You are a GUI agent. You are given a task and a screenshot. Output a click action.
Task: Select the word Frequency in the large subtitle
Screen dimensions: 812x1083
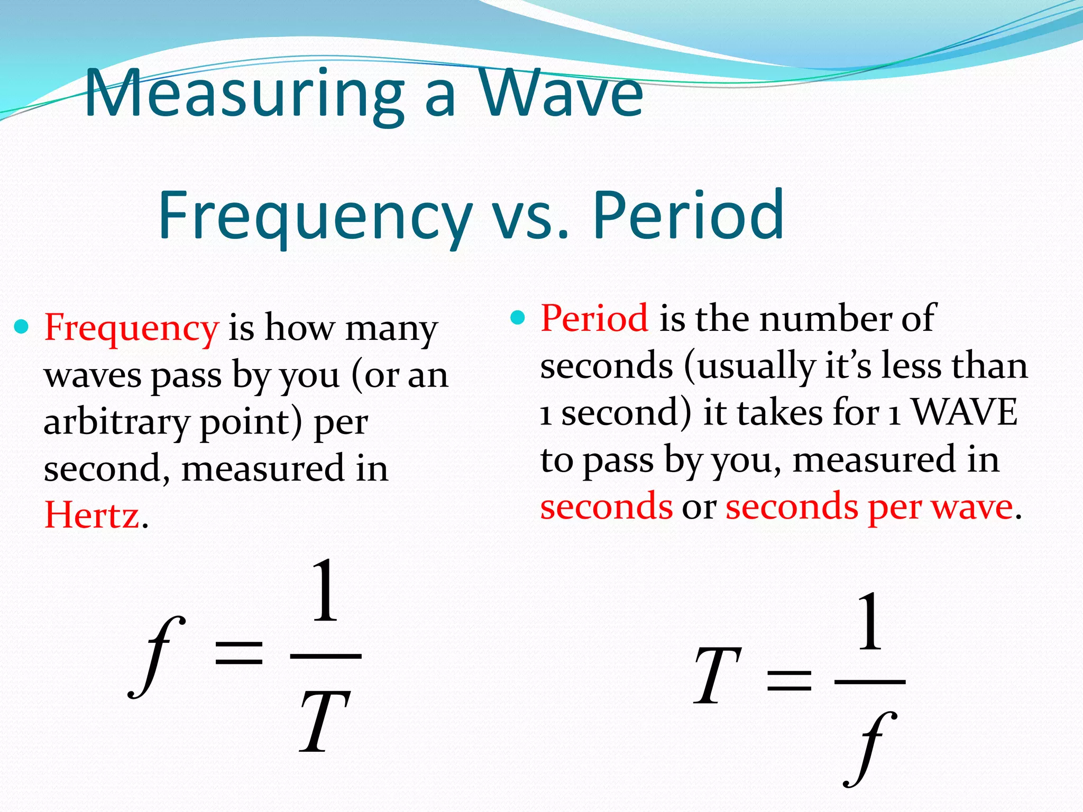point(315,216)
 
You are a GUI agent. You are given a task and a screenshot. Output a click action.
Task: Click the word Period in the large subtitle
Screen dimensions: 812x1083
point(687,216)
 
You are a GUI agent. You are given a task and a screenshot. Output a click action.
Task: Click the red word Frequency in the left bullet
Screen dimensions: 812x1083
point(131,328)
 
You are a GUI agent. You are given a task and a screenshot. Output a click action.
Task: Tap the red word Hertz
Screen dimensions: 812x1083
point(92,515)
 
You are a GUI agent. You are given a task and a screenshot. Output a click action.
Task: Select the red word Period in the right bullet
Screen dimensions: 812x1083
point(594,318)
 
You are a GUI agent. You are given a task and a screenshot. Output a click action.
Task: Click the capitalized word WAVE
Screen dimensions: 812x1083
point(965,412)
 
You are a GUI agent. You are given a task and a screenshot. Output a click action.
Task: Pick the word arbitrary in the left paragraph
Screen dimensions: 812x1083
point(116,423)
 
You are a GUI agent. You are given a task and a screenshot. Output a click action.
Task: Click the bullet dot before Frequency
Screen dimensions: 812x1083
point(21,327)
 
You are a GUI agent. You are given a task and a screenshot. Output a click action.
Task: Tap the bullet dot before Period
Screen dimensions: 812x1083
point(518,318)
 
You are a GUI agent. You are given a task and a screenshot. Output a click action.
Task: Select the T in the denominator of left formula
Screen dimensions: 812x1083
point(324,722)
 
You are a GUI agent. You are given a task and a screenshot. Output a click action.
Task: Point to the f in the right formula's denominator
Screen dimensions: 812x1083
point(870,748)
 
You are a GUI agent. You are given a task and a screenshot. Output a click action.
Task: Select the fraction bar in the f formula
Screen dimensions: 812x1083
point(325,656)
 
